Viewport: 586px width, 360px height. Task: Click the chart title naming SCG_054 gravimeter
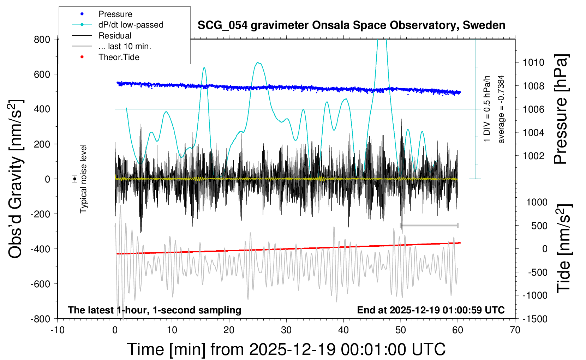351,25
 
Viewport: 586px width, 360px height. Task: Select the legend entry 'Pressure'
115,14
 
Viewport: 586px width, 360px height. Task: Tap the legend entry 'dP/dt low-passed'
131,25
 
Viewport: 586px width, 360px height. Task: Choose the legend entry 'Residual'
115,36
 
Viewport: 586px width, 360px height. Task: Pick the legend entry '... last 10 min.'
125,46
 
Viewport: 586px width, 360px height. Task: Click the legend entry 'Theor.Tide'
119,57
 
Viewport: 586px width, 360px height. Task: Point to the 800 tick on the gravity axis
42,39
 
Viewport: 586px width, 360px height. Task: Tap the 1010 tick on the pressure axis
534,62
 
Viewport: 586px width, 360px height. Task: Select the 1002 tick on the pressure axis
534,156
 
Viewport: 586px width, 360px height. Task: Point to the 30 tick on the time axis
286,330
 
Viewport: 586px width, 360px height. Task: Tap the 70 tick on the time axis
515,330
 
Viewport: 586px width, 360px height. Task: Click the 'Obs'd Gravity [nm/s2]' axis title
16,179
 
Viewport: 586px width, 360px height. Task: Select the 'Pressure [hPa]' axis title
560,109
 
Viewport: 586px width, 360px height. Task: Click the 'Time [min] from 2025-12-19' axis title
286,349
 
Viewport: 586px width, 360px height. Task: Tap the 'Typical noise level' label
83,179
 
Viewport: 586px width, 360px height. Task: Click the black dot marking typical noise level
74,179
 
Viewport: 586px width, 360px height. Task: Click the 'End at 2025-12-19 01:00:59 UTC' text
431,310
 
